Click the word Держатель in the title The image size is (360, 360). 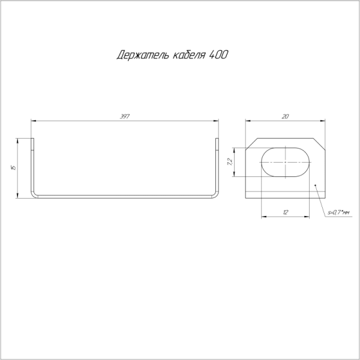click(x=143, y=55)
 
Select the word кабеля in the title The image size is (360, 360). click(x=188, y=55)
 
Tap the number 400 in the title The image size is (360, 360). click(x=218, y=55)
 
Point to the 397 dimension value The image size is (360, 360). click(x=124, y=116)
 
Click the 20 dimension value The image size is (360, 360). click(x=285, y=116)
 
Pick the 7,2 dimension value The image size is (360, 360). click(x=230, y=162)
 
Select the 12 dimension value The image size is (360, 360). click(x=285, y=212)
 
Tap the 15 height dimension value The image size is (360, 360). click(x=13, y=167)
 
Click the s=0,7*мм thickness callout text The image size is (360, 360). click(x=338, y=213)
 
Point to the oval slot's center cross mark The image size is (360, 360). click(x=286, y=162)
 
